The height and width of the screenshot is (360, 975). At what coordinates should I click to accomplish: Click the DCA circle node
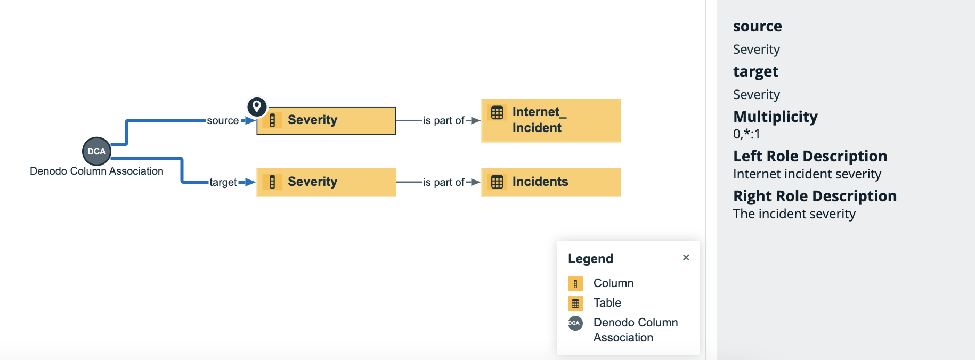(x=96, y=151)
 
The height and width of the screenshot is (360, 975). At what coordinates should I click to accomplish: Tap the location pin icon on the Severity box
(x=257, y=107)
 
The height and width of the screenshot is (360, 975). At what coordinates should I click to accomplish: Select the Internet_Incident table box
(x=551, y=120)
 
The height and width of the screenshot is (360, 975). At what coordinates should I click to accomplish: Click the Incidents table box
(x=551, y=182)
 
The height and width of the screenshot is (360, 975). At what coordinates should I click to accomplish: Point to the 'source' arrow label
(x=223, y=121)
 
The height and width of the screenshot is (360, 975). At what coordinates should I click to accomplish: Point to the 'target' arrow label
(x=223, y=182)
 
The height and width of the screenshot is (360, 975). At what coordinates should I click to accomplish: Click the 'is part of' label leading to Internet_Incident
(x=444, y=121)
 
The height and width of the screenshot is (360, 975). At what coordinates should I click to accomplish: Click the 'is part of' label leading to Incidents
(x=444, y=182)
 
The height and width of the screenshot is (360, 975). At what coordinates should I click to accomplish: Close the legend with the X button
(x=686, y=258)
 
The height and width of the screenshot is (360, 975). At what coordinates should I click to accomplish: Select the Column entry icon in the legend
(x=575, y=284)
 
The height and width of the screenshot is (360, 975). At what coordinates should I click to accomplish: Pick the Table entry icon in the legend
(x=575, y=304)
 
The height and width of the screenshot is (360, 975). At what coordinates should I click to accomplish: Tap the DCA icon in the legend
(x=575, y=323)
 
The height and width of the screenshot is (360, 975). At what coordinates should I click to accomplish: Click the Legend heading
(x=590, y=259)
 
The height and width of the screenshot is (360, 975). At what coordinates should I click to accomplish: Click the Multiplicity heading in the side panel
(x=775, y=117)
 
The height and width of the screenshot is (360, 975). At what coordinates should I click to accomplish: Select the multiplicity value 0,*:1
(x=746, y=134)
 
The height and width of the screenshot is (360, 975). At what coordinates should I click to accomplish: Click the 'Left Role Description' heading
(x=810, y=156)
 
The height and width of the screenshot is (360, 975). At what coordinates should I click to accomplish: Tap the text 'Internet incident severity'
(x=807, y=174)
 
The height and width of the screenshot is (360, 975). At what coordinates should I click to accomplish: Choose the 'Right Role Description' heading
(x=815, y=196)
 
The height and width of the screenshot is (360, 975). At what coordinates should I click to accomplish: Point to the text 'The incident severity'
(x=794, y=214)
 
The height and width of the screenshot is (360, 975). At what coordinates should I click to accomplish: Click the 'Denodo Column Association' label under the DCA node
(x=96, y=171)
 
